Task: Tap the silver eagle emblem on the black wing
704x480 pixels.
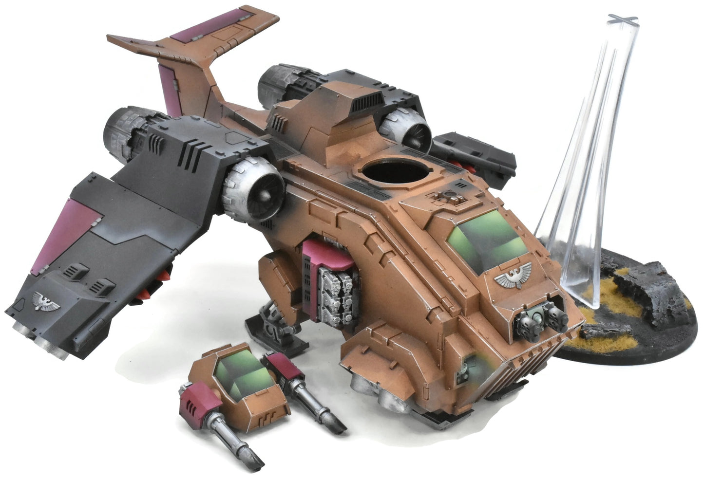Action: coord(47,302)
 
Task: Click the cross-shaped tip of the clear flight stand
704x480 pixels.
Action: coord(622,19)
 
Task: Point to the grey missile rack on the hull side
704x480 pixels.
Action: coord(335,297)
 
